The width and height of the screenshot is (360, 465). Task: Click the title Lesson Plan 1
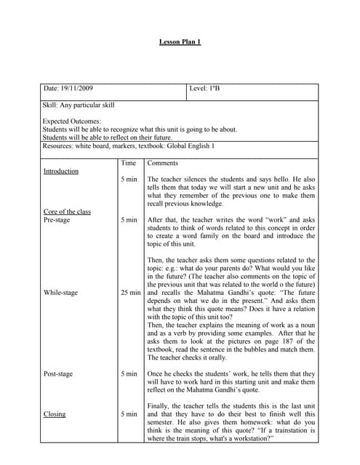tap(180, 42)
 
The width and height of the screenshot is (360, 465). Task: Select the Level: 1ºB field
tap(204, 89)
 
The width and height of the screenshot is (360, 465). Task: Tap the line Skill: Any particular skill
tap(79, 105)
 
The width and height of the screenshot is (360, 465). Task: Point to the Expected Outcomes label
tap(72, 121)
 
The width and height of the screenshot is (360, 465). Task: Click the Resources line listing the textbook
tap(129, 146)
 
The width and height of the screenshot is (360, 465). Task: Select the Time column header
tap(129, 163)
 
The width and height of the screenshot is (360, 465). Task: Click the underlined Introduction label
tap(61, 171)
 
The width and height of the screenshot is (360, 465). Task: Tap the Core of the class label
tap(67, 211)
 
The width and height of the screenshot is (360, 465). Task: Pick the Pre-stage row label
tap(57, 219)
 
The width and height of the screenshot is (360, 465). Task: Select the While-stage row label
tap(60, 293)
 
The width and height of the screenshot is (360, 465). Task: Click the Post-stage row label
tap(58, 374)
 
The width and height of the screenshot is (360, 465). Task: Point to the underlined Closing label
tap(55, 414)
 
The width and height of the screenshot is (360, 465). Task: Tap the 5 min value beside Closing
tap(129, 414)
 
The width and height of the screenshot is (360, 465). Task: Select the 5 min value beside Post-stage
tap(129, 374)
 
